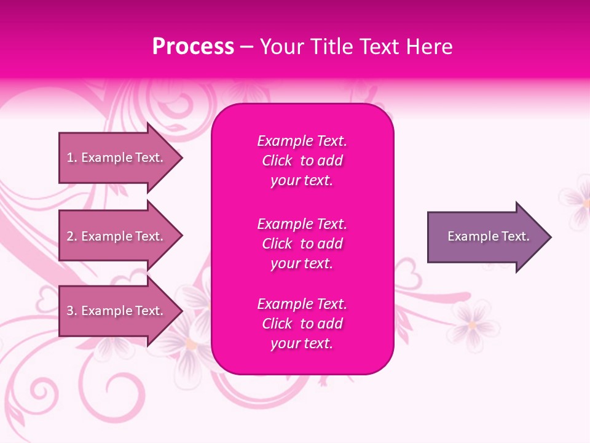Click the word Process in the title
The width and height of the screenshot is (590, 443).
193,47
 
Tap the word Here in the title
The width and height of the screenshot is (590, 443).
428,47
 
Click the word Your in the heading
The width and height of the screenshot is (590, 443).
281,47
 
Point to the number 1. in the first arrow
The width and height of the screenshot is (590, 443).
72,158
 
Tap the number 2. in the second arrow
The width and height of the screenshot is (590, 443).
72,236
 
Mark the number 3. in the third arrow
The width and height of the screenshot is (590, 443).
72,311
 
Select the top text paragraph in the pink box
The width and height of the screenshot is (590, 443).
302,161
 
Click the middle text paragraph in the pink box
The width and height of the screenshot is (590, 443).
302,244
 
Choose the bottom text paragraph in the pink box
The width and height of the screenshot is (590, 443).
302,324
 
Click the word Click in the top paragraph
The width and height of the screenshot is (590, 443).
277,161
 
